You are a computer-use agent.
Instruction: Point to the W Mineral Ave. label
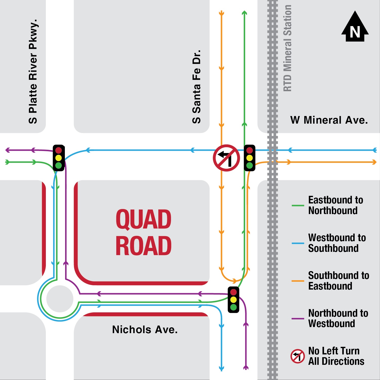click(x=329, y=120)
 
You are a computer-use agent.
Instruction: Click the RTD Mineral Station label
click(x=288, y=48)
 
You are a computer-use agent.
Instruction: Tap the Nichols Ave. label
click(x=145, y=330)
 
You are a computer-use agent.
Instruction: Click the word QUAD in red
click(x=143, y=219)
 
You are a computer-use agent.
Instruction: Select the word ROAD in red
click(x=143, y=246)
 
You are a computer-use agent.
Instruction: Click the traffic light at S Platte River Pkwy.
click(x=59, y=158)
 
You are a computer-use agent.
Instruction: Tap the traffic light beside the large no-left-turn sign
click(x=250, y=158)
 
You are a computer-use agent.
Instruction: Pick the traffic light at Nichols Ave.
click(x=233, y=300)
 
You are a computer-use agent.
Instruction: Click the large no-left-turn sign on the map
click(x=226, y=158)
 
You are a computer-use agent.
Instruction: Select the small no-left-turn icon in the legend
click(x=298, y=356)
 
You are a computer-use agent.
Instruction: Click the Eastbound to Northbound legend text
click(x=335, y=205)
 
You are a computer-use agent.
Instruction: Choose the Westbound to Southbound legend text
click(x=337, y=243)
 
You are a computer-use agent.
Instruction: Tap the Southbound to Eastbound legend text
click(x=338, y=281)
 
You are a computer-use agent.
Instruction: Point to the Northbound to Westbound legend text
click(x=338, y=318)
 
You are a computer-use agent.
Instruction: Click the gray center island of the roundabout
click(x=60, y=299)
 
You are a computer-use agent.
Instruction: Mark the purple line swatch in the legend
click(x=298, y=318)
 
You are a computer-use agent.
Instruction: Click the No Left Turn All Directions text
click(x=336, y=356)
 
